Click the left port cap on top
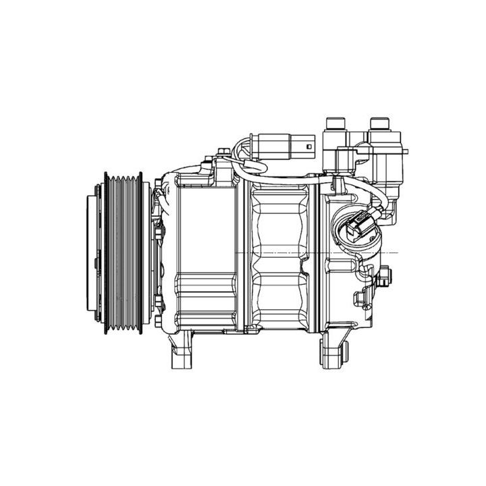tap(335, 126)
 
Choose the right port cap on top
tap(380, 126)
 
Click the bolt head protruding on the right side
tap(385, 275)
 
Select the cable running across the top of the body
tap(283, 178)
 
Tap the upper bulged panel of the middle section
tap(280, 219)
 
